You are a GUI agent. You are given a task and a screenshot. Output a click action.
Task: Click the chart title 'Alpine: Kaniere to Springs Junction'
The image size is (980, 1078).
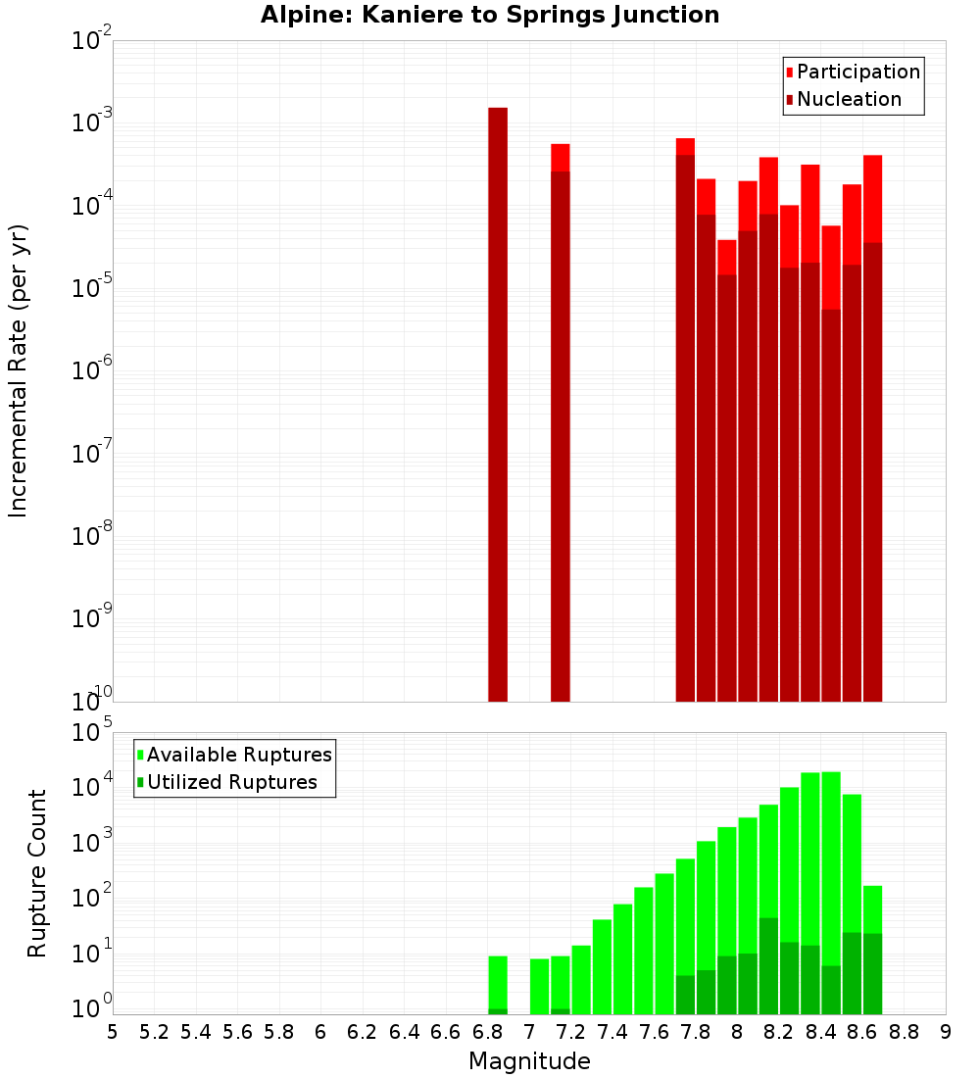490,16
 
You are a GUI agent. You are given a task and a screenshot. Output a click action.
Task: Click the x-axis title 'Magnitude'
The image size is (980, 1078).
529,1061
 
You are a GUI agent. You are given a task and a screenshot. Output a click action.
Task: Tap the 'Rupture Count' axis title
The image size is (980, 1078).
37,872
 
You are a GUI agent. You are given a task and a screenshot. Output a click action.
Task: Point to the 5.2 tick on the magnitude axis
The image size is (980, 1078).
154,1032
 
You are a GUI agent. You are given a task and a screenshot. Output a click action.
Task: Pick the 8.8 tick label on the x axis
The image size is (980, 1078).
904,1032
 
